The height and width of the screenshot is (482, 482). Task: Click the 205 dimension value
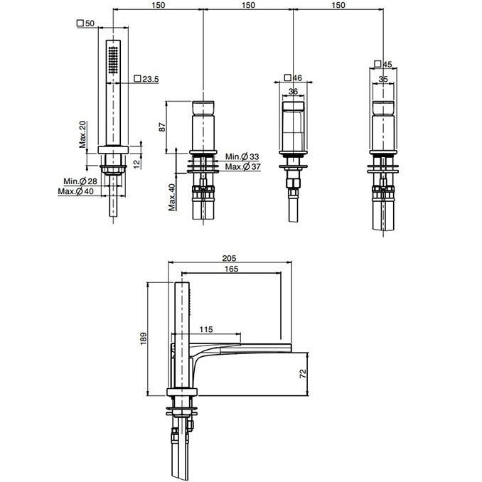(x=229, y=258)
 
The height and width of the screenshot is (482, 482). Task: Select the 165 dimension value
(x=231, y=269)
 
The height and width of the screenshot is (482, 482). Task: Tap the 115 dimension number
(x=206, y=330)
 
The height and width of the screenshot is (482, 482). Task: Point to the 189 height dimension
(x=144, y=338)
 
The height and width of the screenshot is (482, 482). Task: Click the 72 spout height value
(x=303, y=373)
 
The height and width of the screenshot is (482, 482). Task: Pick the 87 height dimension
(x=162, y=127)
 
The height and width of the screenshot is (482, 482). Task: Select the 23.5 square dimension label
(x=146, y=79)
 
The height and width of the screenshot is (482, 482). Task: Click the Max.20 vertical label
(x=83, y=134)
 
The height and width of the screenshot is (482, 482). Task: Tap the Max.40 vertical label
(x=171, y=197)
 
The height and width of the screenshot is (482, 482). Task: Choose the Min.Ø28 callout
(x=80, y=181)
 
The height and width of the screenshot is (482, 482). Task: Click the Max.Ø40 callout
(x=75, y=191)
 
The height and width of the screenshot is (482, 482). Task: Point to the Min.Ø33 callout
(x=242, y=156)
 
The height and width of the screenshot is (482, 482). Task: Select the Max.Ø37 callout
(x=243, y=166)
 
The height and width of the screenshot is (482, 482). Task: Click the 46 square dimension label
(x=294, y=77)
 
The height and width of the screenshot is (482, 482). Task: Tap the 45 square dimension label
(x=383, y=64)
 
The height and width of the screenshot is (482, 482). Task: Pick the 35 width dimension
(x=383, y=80)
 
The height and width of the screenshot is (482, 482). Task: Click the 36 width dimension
(x=294, y=91)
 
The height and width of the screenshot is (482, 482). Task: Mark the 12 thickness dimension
(x=137, y=161)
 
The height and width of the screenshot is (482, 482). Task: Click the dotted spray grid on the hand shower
(x=114, y=60)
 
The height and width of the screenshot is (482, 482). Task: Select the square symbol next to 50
(x=80, y=23)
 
